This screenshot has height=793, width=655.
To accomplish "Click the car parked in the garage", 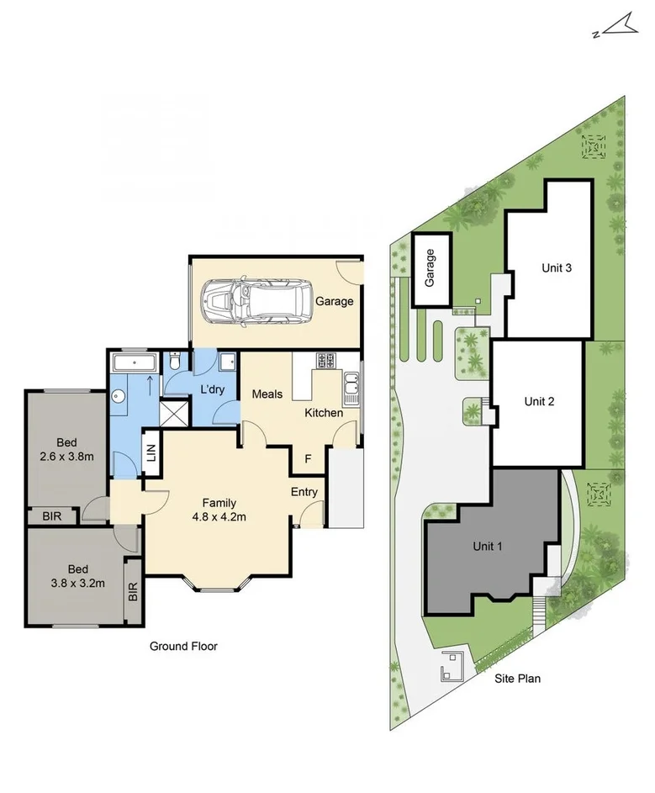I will pyautogui.click(x=256, y=300).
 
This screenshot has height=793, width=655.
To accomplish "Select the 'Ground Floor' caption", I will pyautogui.click(x=183, y=646).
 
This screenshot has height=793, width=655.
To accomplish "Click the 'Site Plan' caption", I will pyautogui.click(x=517, y=678).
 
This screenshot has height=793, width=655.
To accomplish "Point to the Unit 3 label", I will pyautogui.click(x=557, y=268).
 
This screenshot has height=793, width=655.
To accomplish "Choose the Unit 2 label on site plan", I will pyautogui.click(x=539, y=401).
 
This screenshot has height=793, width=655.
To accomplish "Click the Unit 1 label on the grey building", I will pyautogui.click(x=488, y=546).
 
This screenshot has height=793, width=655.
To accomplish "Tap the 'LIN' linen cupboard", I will pyautogui.click(x=151, y=453).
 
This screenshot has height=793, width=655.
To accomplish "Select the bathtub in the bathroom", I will pyautogui.click(x=135, y=363).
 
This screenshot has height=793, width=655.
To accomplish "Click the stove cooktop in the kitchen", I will pyautogui.click(x=325, y=361).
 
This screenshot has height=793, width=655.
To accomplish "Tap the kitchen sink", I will pyautogui.click(x=351, y=388).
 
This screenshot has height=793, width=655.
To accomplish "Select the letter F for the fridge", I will pyautogui.click(x=309, y=459).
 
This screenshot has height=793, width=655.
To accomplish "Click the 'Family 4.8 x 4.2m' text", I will pyautogui.click(x=217, y=510).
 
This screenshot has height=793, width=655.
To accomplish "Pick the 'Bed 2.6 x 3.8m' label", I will pyautogui.click(x=66, y=450).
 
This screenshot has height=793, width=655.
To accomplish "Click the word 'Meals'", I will pyautogui.click(x=267, y=394).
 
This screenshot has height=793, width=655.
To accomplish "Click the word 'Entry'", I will pyautogui.click(x=304, y=492).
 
